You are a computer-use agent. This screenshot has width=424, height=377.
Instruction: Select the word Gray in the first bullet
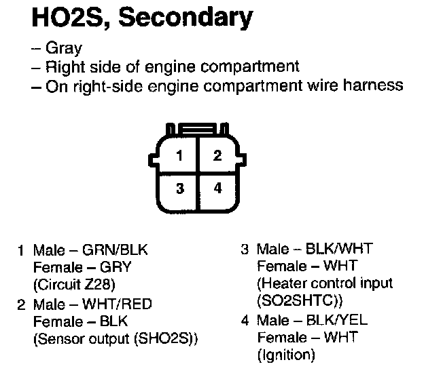63,49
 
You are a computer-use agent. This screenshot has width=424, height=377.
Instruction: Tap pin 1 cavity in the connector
179,156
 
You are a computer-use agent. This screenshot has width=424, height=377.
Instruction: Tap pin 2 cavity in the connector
217,156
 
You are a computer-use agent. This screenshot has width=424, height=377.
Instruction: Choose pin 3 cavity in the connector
179,188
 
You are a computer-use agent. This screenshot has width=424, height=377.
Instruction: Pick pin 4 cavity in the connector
217,188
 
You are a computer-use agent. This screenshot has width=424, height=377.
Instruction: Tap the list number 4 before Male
245,319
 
